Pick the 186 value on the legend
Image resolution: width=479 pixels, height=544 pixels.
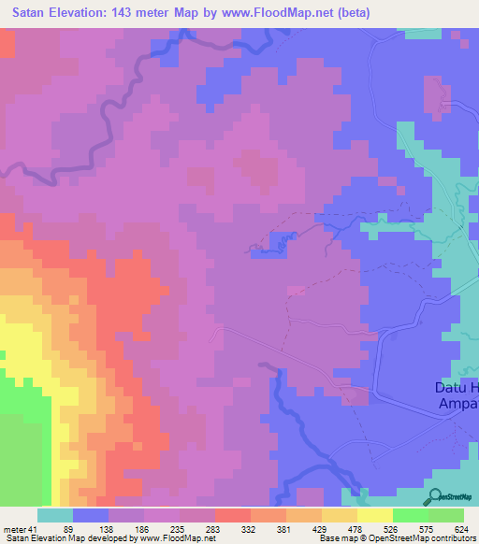click(x=165, y=528)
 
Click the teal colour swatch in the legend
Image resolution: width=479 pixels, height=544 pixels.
click(x=55, y=515)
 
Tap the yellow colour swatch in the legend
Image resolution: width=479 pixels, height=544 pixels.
click(x=375, y=515)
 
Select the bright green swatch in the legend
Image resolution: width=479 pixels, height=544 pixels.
click(x=411, y=515)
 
